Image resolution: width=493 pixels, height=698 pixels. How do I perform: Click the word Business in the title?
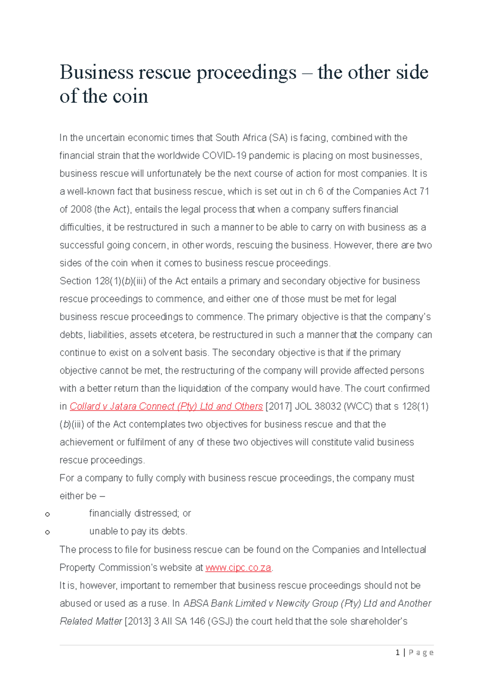coord(96,73)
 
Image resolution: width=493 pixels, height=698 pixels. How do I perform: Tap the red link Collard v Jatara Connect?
coord(166,407)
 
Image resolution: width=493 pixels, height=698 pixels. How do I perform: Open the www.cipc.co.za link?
coord(238,568)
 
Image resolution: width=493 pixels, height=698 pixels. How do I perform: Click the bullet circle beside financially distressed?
coord(48,514)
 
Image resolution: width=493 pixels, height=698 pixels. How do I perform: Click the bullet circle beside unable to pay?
coord(48,532)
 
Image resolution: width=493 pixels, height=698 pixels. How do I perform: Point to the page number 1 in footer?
coord(397,653)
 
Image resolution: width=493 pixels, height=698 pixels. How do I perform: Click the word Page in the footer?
coord(421,653)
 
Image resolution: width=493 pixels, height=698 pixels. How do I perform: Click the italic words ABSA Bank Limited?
coord(224,603)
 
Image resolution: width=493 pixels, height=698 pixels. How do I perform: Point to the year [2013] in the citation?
coord(138,622)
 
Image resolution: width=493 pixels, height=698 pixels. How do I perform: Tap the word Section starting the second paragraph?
coord(75,281)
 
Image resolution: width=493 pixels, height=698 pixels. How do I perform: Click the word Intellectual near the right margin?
coord(403,550)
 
